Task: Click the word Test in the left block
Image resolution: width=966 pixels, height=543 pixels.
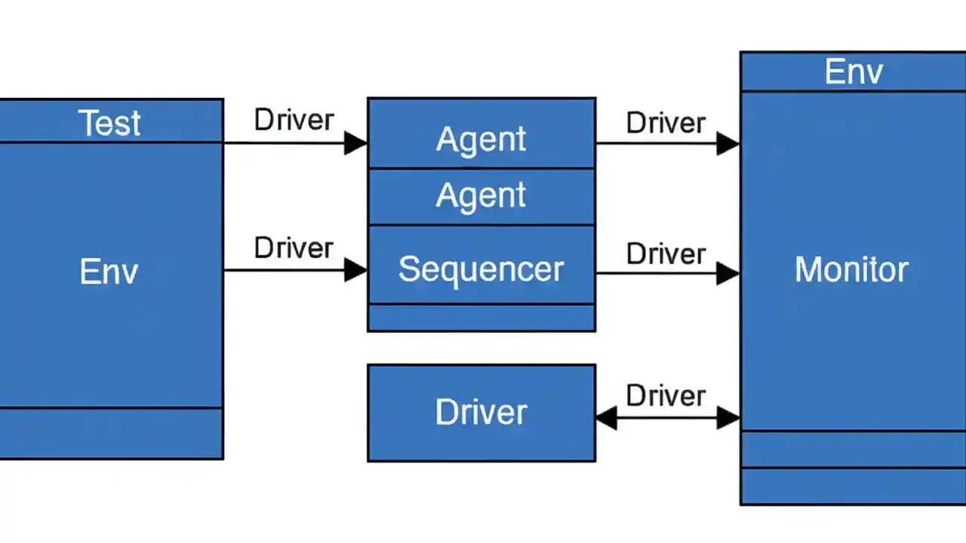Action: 109,122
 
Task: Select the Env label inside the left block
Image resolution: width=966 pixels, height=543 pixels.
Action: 109,271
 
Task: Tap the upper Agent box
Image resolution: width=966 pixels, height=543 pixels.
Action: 481,139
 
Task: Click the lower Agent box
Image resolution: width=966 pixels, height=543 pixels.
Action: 481,196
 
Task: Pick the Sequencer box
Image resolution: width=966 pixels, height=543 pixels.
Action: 481,268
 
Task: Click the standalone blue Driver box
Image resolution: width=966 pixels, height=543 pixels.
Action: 481,412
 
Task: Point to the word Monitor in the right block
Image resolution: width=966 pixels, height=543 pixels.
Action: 851,269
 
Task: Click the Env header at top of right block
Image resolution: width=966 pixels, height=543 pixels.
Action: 854,72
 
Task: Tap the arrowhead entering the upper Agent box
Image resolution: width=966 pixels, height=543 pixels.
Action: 355,143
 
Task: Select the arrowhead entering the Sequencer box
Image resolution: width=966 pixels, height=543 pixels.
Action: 355,270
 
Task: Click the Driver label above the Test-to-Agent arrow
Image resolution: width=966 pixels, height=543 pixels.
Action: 294,120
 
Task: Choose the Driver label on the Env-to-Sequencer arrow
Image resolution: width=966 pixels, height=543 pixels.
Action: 294,247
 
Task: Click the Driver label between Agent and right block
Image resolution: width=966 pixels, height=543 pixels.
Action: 666,123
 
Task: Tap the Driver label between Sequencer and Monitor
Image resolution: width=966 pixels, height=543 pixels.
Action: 666,253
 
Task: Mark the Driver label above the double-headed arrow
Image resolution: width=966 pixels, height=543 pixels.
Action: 666,395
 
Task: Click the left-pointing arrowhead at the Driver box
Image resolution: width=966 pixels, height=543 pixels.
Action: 606,418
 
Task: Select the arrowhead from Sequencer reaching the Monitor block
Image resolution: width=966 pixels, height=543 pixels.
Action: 728,273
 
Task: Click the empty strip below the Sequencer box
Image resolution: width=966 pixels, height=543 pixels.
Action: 481,318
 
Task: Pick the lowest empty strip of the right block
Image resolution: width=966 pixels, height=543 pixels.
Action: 854,486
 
